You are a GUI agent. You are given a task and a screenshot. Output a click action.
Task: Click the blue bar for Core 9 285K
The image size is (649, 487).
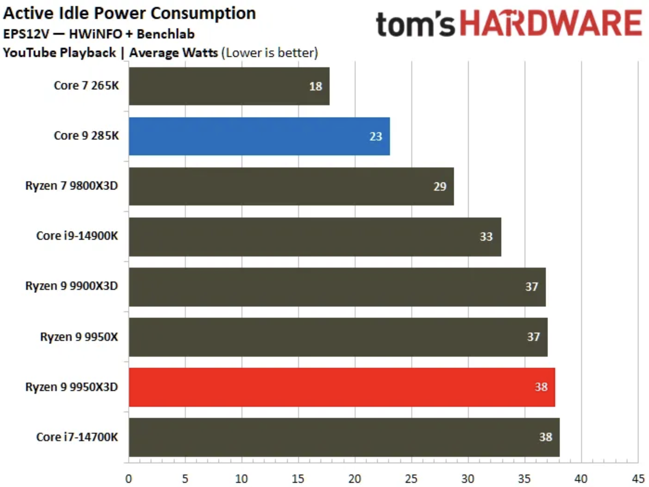click(x=259, y=136)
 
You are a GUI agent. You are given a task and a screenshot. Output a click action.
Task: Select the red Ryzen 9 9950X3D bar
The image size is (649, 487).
click(x=342, y=387)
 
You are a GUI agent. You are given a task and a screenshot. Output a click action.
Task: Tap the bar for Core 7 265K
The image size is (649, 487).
click(x=229, y=86)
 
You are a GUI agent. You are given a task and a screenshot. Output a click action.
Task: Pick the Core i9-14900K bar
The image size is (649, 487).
click(x=315, y=237)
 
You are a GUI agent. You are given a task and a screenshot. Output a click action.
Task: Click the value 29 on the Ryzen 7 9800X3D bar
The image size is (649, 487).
click(x=440, y=186)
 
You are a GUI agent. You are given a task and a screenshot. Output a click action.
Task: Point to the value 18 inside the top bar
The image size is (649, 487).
click(x=316, y=86)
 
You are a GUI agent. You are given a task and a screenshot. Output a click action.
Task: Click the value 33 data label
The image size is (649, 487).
click(x=486, y=237)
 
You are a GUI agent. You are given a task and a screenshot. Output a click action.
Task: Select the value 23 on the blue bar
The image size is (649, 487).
click(x=375, y=137)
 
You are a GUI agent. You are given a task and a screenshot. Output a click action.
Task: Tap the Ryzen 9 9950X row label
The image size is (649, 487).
click(x=79, y=337)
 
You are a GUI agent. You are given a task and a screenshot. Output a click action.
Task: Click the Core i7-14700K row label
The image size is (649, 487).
click(x=77, y=437)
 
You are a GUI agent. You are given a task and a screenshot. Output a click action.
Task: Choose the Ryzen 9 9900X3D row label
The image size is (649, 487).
click(x=71, y=286)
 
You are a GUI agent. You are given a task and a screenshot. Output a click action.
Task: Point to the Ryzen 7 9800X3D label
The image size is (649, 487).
click(x=71, y=186)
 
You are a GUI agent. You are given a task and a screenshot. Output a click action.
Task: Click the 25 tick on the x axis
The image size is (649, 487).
click(x=411, y=479)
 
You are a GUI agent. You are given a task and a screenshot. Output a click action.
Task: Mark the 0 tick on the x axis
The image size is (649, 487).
click(x=129, y=479)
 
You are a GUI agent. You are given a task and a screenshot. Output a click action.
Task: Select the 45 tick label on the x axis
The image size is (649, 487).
click(x=638, y=479)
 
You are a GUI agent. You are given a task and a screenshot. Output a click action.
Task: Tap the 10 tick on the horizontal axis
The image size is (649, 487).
click(x=241, y=479)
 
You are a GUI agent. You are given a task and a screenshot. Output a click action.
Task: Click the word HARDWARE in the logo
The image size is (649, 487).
click(x=551, y=24)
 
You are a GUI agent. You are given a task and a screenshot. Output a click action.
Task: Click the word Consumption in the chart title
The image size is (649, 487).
click(x=203, y=14)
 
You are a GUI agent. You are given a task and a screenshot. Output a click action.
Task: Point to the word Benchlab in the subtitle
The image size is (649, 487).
click(x=165, y=34)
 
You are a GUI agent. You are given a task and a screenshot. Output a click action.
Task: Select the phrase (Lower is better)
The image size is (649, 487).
click(x=270, y=53)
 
